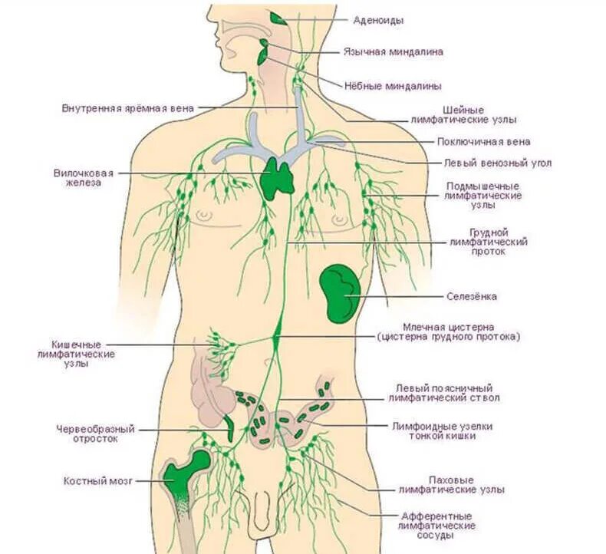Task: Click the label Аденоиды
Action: (x=378, y=21)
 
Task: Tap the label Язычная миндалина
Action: (x=393, y=52)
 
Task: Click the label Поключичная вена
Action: (x=483, y=142)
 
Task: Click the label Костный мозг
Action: (x=98, y=481)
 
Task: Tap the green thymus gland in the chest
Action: (x=278, y=178)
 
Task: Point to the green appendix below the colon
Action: (x=229, y=429)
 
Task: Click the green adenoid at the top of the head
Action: (x=277, y=17)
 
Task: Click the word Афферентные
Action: (x=437, y=516)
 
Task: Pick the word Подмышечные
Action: (x=483, y=186)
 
